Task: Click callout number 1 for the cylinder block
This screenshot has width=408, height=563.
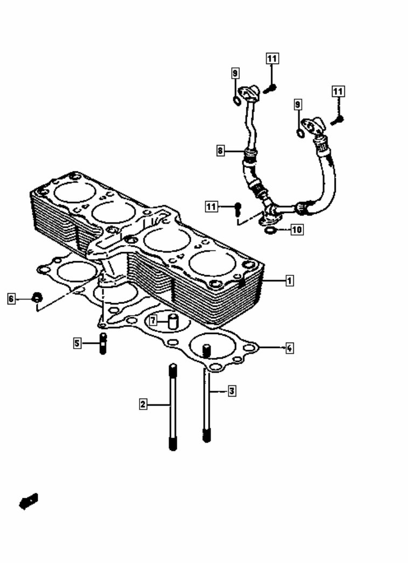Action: (289, 280)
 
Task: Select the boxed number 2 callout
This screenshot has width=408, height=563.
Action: (143, 404)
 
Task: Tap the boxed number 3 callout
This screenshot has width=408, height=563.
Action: (232, 391)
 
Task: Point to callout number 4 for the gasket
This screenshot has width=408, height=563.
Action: (289, 348)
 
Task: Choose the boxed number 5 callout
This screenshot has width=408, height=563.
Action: (78, 343)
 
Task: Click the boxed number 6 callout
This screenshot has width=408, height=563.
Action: (11, 298)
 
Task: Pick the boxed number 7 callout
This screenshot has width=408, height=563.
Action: (154, 321)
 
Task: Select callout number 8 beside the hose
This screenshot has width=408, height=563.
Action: (220, 151)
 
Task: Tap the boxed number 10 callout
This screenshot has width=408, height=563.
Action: (297, 230)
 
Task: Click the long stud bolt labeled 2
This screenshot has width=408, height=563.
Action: (172, 407)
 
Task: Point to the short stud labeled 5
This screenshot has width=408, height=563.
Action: (103, 343)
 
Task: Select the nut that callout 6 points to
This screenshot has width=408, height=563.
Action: (37, 297)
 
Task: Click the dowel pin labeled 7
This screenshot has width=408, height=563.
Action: (173, 321)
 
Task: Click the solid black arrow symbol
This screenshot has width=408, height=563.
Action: (28, 501)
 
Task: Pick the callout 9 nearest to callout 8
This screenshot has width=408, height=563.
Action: (236, 73)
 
